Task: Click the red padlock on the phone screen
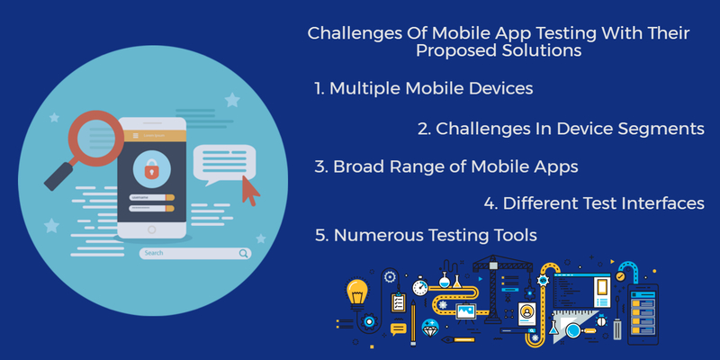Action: pos(151,171)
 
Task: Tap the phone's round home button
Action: pos(152,229)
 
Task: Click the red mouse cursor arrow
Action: pos(250,190)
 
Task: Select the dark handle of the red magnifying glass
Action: pos(59,176)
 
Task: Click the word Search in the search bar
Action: pos(154,253)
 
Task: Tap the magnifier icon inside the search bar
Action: pos(243,254)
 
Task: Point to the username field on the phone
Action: pos(151,197)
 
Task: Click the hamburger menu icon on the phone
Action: pos(136,135)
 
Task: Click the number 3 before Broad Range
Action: pos(319,167)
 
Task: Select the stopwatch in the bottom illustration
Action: pos(420,286)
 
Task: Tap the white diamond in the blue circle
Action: pos(430,327)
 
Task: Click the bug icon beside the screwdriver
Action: pos(600,320)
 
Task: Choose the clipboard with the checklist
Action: pos(398,301)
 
